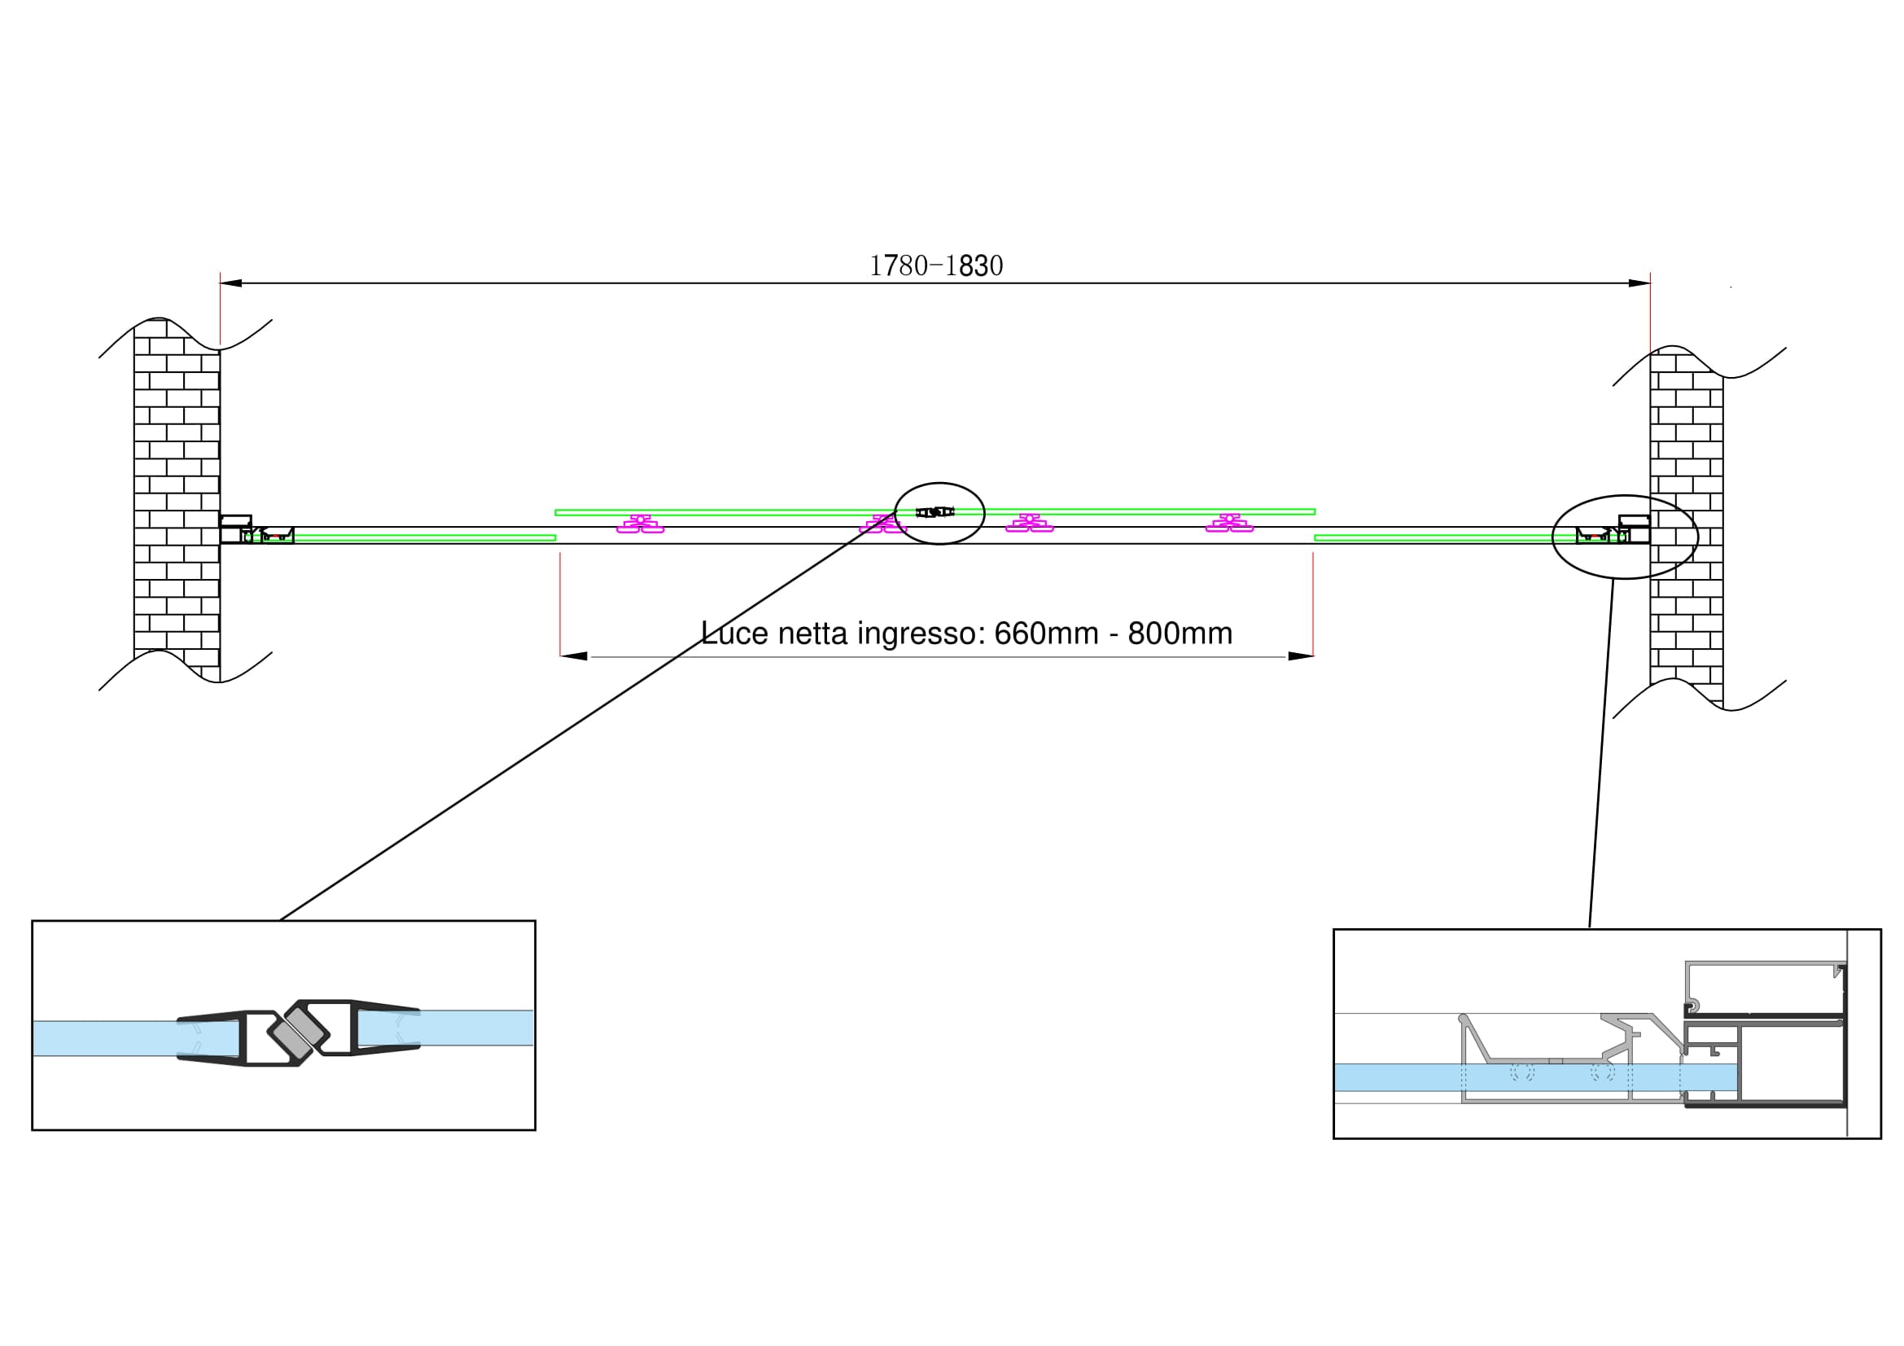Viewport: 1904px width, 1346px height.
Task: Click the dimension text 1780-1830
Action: coord(935,266)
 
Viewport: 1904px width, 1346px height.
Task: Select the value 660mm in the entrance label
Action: coord(1046,634)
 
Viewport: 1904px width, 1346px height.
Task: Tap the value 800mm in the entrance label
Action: coord(1180,634)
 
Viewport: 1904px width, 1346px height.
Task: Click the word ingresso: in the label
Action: coord(921,634)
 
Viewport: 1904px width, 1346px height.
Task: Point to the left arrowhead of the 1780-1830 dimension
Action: coord(230,283)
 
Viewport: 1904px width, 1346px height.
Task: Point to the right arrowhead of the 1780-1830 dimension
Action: coord(1639,283)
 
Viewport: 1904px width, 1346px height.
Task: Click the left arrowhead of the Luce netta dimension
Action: coord(574,656)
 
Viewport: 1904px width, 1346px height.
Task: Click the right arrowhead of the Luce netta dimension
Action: coord(1300,656)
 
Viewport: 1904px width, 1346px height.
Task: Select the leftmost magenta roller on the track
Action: coord(640,524)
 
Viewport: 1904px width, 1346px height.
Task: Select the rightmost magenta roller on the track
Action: coord(1229,524)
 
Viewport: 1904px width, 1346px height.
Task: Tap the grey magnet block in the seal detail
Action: coord(300,1033)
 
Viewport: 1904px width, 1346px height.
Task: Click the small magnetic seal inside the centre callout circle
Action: coord(934,512)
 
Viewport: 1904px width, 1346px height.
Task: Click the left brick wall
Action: coord(177,498)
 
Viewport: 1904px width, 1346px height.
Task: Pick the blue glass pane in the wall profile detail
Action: coord(1410,1077)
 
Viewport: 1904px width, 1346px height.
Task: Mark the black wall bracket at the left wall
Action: coord(234,521)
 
